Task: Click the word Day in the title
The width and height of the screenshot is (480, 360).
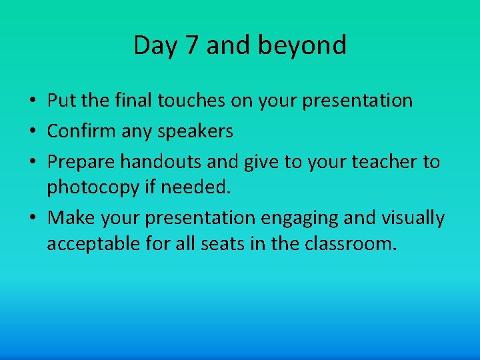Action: pyautogui.click(x=152, y=46)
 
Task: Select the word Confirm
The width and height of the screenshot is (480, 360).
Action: pyautogui.click(x=81, y=131)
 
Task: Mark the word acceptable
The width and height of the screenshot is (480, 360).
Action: pyautogui.click(x=95, y=244)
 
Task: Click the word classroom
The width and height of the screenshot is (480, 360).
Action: pyautogui.click(x=350, y=244)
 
